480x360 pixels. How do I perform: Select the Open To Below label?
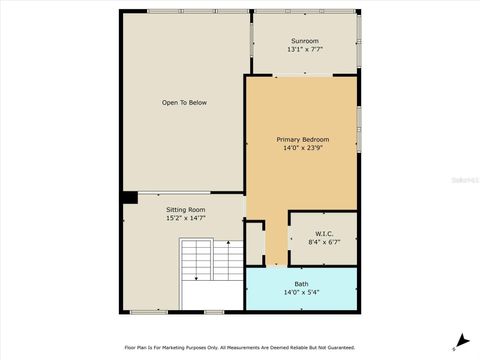(185, 102)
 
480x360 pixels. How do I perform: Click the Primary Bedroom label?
(302, 139)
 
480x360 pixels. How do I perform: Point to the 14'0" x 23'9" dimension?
(302, 148)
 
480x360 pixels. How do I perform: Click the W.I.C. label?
(322, 234)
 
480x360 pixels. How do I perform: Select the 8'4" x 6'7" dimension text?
(322, 242)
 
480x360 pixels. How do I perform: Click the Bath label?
(301, 284)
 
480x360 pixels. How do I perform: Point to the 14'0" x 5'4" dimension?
(301, 292)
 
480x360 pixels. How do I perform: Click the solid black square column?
(129, 197)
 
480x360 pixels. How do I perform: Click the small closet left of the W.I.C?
(255, 241)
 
